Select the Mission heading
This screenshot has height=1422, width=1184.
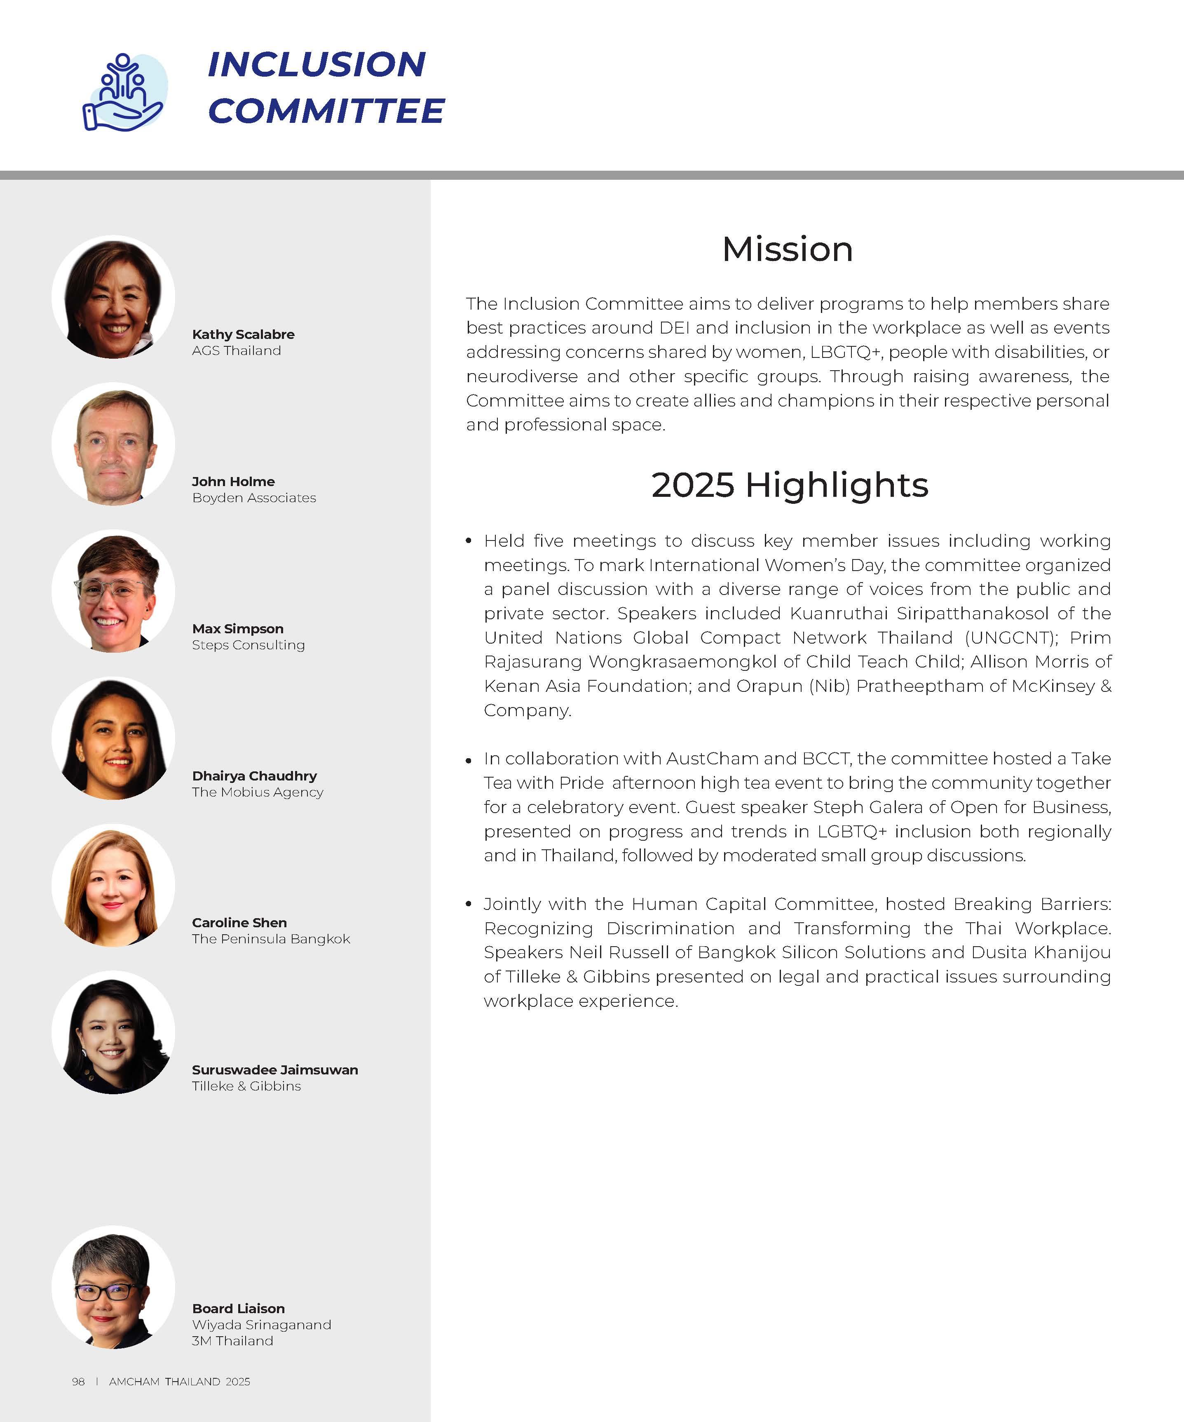coord(787,249)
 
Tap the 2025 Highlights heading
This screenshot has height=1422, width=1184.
coord(789,485)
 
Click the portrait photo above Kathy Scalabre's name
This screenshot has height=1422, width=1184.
coord(113,296)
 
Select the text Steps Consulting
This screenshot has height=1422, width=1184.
coord(248,645)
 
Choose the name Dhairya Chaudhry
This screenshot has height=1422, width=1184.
coord(254,776)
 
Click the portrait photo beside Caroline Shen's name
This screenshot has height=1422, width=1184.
coord(113,885)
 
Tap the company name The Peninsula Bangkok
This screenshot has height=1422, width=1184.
coord(271,938)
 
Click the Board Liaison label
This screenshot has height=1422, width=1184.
coord(238,1308)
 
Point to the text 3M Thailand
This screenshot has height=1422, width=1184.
coord(232,1341)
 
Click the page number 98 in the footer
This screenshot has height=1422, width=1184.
coord(79,1381)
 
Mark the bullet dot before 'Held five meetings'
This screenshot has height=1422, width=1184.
coord(469,541)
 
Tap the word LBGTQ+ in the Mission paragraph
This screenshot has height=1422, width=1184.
coord(846,352)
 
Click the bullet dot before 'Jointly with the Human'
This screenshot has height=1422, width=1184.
coord(469,904)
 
